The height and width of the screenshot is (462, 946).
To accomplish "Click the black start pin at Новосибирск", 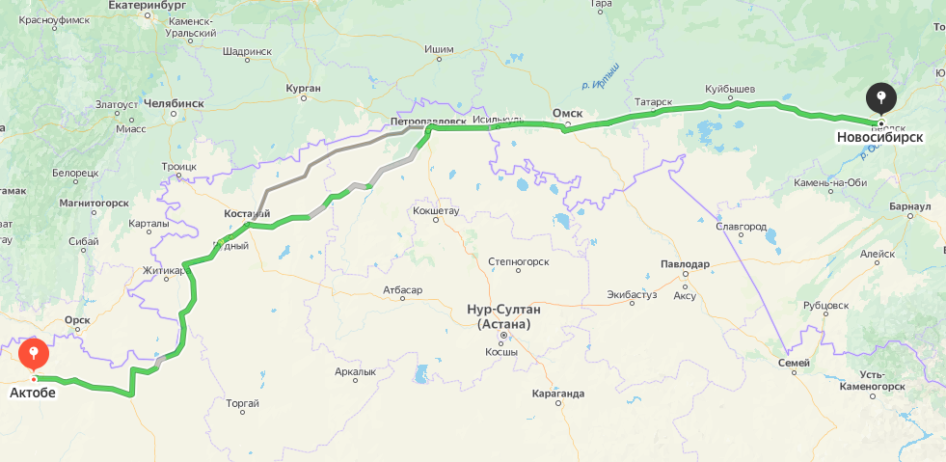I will pyautogui.click(x=880, y=97).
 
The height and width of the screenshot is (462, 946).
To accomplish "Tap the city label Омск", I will pyautogui.click(x=567, y=113).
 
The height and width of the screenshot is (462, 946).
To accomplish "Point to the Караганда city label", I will pyautogui.click(x=557, y=394).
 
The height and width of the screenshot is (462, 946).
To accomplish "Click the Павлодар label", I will pyautogui.click(x=685, y=264).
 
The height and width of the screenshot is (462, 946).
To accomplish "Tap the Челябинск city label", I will pyautogui.click(x=175, y=102).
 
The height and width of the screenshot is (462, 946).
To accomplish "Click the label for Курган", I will pyautogui.click(x=303, y=88).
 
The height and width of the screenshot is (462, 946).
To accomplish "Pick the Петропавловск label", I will pyautogui.click(x=428, y=122).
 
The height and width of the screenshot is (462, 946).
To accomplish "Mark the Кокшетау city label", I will pyautogui.click(x=436, y=209).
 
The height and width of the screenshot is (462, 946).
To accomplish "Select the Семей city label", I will pyautogui.click(x=794, y=363).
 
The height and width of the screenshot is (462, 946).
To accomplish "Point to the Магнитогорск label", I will pyautogui.click(x=94, y=203).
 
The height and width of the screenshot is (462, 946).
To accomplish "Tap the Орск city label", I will pyautogui.click(x=76, y=319).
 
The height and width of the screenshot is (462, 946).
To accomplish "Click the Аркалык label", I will pyautogui.click(x=355, y=371).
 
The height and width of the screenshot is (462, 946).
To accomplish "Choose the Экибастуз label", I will pyautogui.click(x=632, y=294).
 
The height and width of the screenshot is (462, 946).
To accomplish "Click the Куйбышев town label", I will pyautogui.click(x=729, y=90).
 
